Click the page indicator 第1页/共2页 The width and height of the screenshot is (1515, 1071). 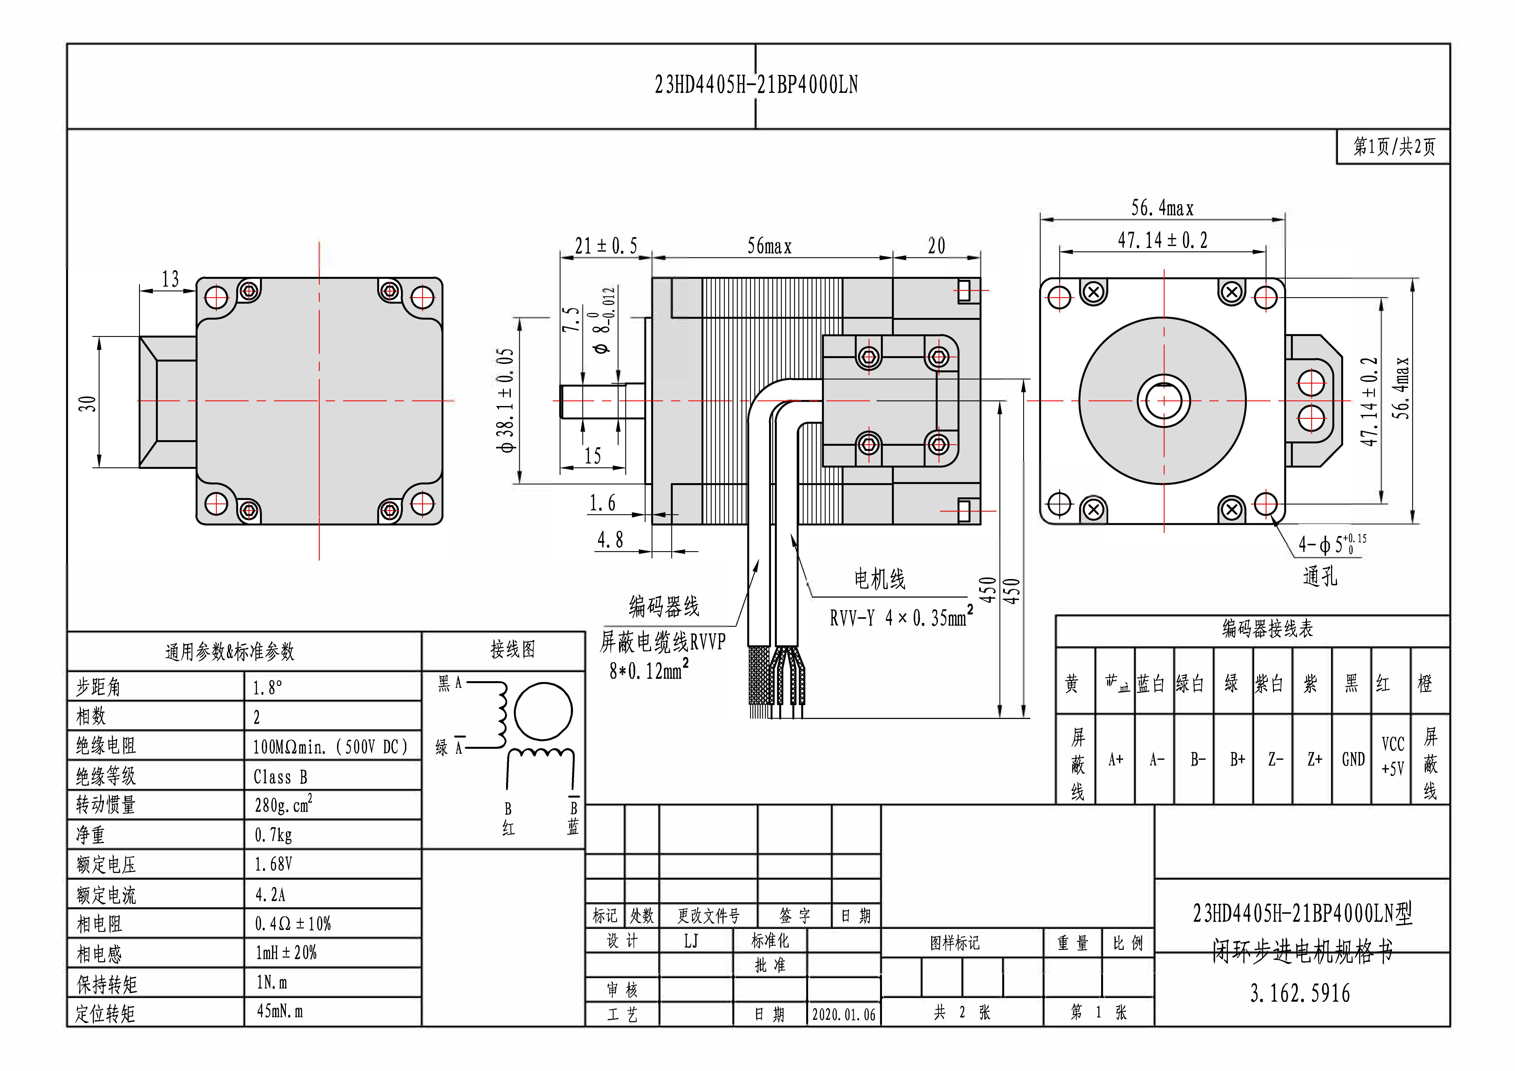1394,146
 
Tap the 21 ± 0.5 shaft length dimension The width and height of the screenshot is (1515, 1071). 606,246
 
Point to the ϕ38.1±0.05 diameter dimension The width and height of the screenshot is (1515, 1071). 506,401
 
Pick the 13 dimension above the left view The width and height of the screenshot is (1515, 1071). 170,279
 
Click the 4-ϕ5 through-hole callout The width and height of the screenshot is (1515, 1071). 1331,544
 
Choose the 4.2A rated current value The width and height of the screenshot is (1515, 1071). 271,895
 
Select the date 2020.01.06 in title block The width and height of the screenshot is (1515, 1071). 843,1014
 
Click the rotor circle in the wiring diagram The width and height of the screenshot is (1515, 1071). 543,711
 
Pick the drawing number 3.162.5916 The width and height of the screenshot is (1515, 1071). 1300,993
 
